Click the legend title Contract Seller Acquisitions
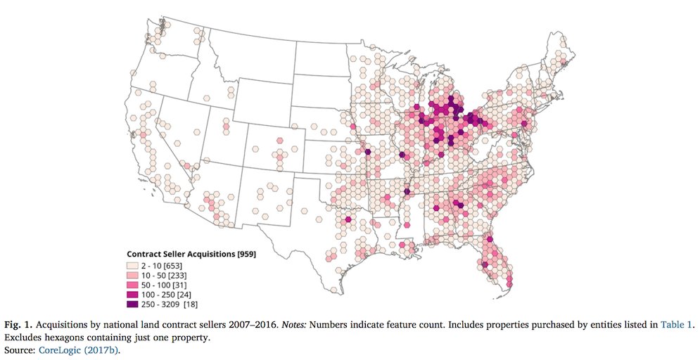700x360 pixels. point(180,254)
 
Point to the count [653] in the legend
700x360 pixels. point(179,266)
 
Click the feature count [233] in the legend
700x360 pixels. point(184,276)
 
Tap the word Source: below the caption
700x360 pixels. point(21,347)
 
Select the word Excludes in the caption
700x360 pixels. point(24,336)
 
